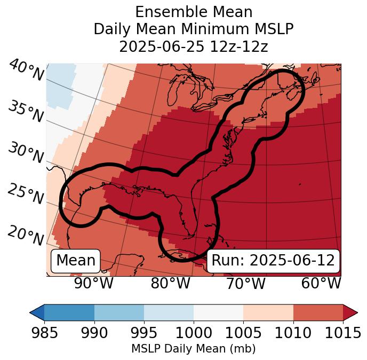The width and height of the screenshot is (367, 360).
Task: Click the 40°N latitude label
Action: pos(26,71)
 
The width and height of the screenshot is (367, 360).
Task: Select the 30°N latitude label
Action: pos(25,153)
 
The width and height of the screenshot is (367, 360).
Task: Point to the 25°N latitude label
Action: pos(25,194)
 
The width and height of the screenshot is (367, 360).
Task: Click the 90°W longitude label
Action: pos(94,283)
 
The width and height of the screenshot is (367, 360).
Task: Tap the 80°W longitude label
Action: pos(170,283)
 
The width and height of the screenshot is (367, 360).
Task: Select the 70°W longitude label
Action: pos(245,283)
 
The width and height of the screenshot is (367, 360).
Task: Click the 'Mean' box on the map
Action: pos(75,261)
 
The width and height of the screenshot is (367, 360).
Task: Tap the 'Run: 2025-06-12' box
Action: pos(273,261)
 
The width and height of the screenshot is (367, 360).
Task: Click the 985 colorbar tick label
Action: pos(44,333)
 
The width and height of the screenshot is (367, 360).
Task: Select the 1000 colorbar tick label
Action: pos(194,333)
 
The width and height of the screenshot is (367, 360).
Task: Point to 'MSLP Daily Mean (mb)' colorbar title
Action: pos(194,349)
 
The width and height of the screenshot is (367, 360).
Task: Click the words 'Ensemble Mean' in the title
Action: pos(194,12)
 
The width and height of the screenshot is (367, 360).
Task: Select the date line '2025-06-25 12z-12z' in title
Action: pos(194,46)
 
